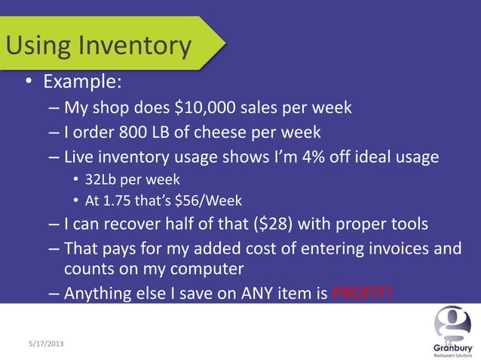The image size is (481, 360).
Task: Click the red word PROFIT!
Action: click(x=363, y=293)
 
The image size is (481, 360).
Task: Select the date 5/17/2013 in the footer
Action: click(x=41, y=343)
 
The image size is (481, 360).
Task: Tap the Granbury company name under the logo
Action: click(x=453, y=349)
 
